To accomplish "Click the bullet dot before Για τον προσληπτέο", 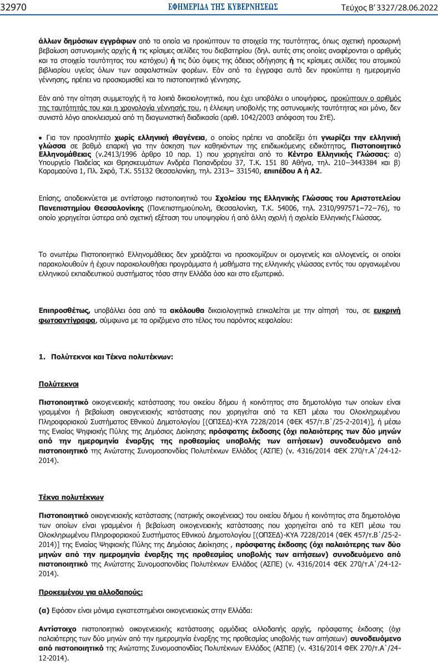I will (41, 137).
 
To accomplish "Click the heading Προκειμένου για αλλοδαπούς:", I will (90, 592).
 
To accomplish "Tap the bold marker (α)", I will (44, 610).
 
